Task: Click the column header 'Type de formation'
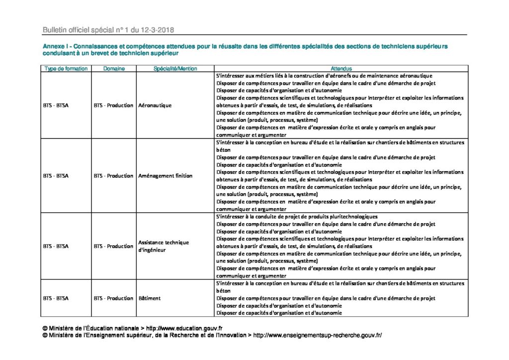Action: (x=66, y=69)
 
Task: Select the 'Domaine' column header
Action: (x=114, y=69)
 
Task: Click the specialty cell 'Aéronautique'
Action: (x=155, y=105)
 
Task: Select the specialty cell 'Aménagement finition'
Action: (x=166, y=176)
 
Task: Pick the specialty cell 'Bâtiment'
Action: (x=148, y=298)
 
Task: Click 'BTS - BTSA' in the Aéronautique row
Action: (x=56, y=105)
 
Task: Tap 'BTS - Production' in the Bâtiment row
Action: (x=113, y=298)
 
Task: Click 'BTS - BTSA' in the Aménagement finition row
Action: (x=56, y=176)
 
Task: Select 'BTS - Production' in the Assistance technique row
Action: (x=113, y=246)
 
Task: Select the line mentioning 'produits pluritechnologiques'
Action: (x=297, y=217)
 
